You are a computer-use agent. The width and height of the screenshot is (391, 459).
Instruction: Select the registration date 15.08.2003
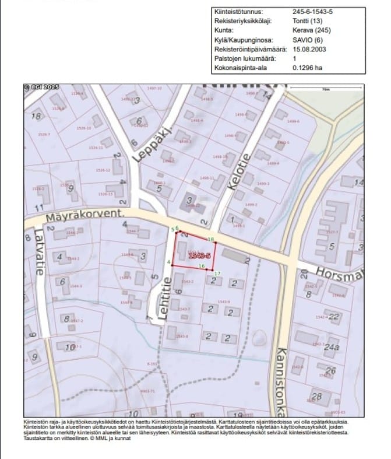[x=309, y=49]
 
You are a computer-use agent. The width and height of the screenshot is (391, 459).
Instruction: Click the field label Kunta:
[x=224, y=30]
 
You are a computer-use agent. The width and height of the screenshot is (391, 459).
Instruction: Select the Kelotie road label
[x=241, y=173]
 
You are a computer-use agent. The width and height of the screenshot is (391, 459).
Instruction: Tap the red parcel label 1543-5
[x=200, y=255]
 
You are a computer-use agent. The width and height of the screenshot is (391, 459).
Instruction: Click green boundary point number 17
[x=217, y=274]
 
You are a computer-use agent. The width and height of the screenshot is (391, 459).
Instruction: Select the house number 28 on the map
[x=317, y=397]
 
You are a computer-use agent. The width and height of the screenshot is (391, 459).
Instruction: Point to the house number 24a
[x=332, y=348]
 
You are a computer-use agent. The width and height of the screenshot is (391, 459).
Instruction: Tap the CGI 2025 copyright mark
[x=38, y=88]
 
